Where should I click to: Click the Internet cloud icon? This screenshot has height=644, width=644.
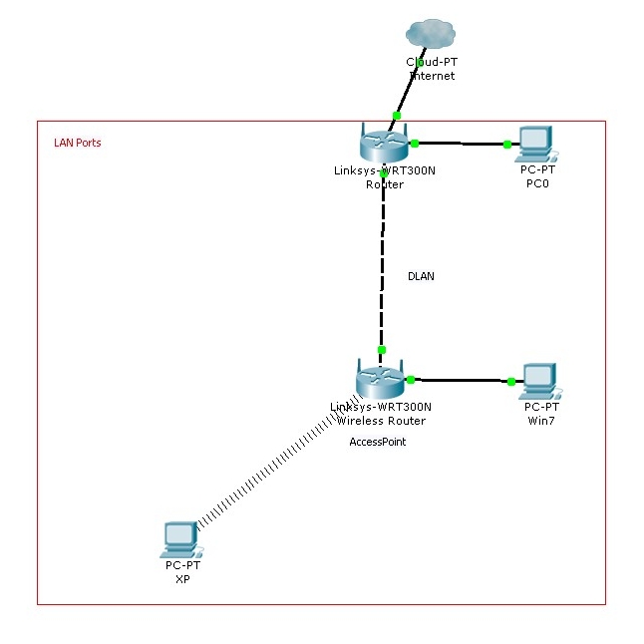coord(431,35)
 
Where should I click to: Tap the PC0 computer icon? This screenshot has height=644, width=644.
coord(535,144)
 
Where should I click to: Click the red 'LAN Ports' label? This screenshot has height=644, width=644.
coord(77,143)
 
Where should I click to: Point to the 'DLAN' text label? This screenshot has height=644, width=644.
coord(421,276)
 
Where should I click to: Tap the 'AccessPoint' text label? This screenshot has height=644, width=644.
coord(377,442)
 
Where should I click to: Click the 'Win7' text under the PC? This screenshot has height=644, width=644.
coord(540,421)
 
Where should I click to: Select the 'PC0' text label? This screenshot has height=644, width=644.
coord(538,183)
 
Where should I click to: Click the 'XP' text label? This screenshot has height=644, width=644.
coord(182,578)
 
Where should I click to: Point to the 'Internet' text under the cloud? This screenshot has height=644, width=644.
coord(432,76)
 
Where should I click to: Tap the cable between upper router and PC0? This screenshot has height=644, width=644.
coord(461,144)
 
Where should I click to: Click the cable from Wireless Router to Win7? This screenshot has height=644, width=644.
coord(460,380)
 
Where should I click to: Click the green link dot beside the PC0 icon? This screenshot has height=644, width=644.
coord(507,145)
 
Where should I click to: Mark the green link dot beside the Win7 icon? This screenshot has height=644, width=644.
coord(511,382)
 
